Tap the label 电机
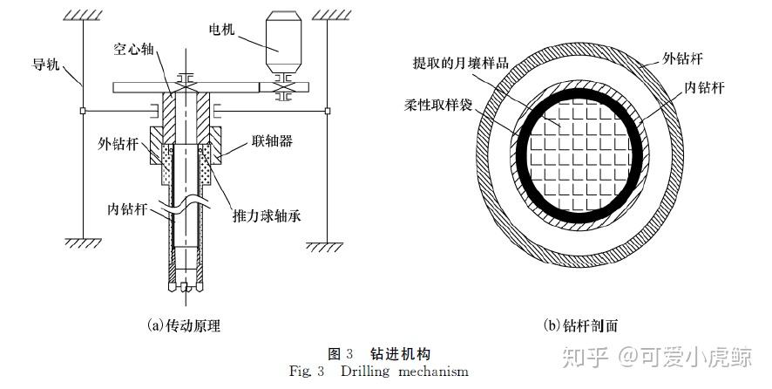tap(221, 30)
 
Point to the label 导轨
tap(46, 64)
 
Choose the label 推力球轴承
tap(267, 215)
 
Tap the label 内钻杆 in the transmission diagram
tap(126, 208)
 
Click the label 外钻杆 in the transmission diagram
tap(118, 143)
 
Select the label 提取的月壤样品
tap(460, 63)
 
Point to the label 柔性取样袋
tap(437, 105)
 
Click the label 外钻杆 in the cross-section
tap(682, 58)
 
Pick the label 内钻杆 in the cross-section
tap(705, 87)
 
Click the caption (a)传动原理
tap(183, 325)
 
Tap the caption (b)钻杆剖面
tap(580, 325)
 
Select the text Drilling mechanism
tap(404, 371)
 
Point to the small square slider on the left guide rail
tap(83, 111)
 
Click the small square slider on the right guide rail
tap(328, 111)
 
